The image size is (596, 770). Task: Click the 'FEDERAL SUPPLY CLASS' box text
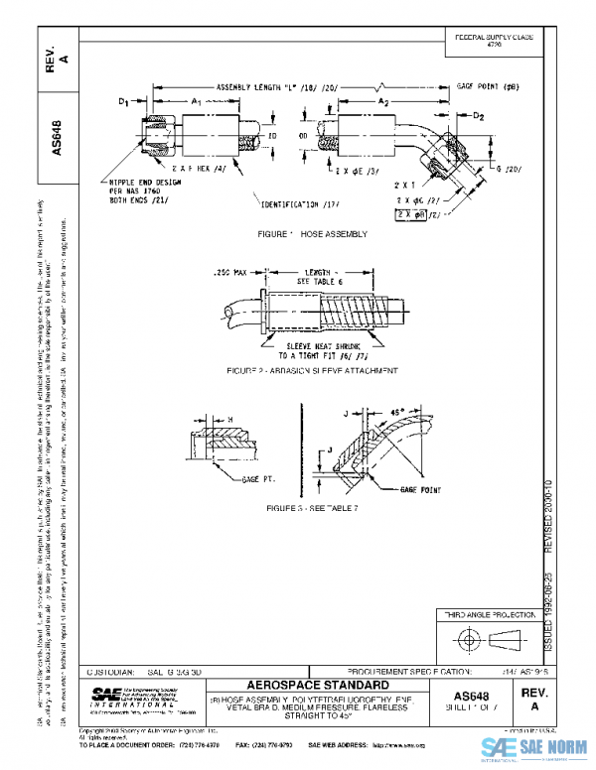click(494, 40)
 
